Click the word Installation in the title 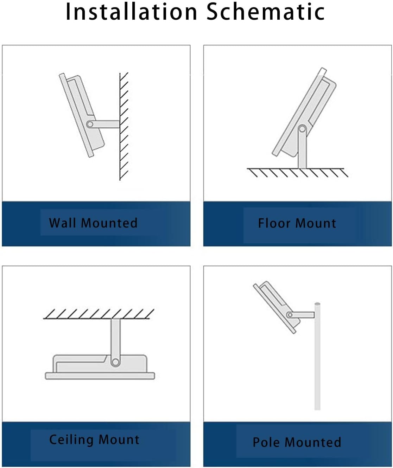[131, 12]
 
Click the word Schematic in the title [265, 12]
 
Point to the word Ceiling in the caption [71, 440]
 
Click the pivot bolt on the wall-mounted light [90, 124]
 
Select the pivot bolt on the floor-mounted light [302, 129]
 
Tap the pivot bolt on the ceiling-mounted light [115, 362]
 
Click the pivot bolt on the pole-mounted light [290, 315]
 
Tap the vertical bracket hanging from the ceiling [115, 338]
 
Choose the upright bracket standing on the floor [302, 151]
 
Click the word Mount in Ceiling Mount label [119, 440]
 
